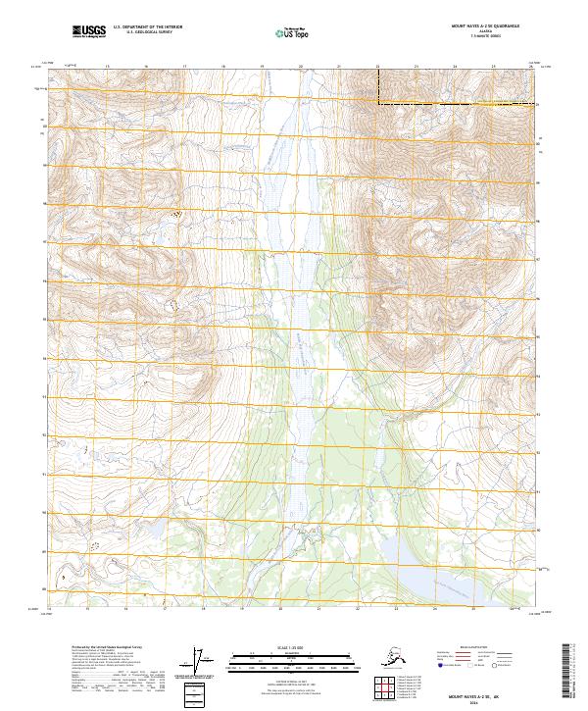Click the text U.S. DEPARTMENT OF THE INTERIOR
point(148,28)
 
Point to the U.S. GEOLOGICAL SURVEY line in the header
point(148,33)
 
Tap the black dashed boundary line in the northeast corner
point(456,103)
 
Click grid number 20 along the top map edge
point(300,67)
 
